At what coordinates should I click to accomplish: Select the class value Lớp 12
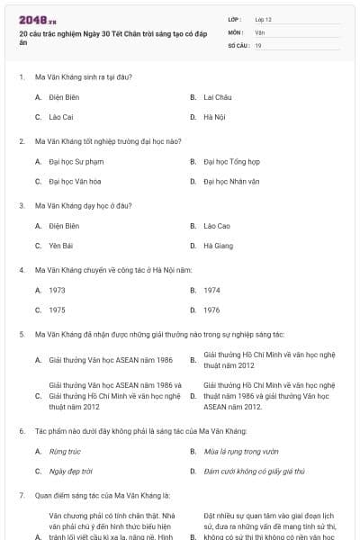click(x=263, y=19)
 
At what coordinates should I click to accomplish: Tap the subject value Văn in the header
click(x=259, y=31)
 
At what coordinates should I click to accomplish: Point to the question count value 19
click(x=258, y=44)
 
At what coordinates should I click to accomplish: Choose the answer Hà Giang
click(x=218, y=246)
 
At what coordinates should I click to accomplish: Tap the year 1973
click(x=57, y=290)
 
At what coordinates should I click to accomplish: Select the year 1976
click(x=211, y=310)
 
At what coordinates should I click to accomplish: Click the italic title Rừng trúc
click(x=65, y=451)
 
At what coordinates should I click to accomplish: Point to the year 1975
click(x=57, y=310)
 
